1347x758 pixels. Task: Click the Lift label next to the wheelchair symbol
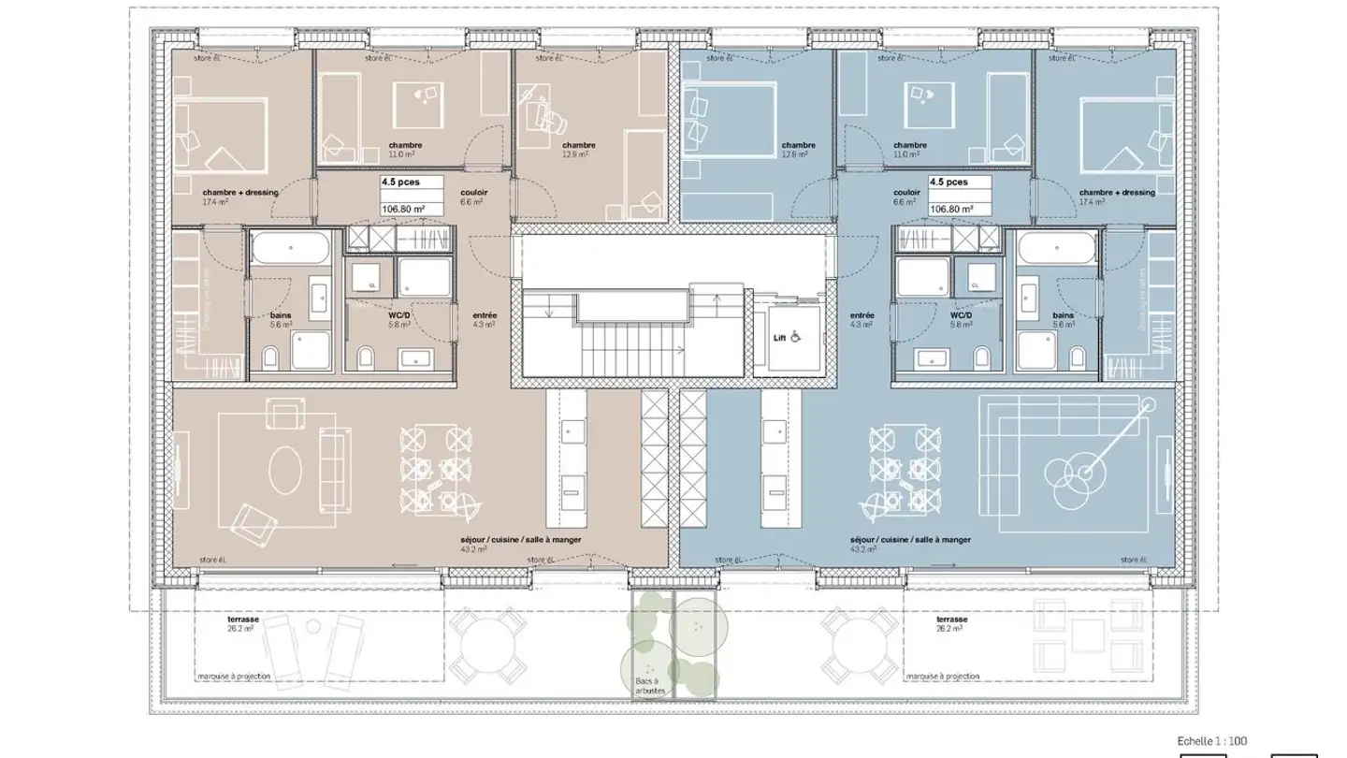pos(778,338)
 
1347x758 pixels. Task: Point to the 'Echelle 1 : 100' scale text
pos(1211,741)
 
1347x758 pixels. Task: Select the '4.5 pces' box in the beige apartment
pos(400,183)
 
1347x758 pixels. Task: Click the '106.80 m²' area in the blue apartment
pos(950,210)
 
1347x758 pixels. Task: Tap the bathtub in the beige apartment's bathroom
pos(289,250)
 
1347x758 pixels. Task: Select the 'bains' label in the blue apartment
pos(1063,316)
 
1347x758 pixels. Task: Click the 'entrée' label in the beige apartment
pos(485,316)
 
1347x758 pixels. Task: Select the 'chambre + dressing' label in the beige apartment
pos(240,193)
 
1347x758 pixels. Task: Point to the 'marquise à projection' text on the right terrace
pos(942,676)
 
